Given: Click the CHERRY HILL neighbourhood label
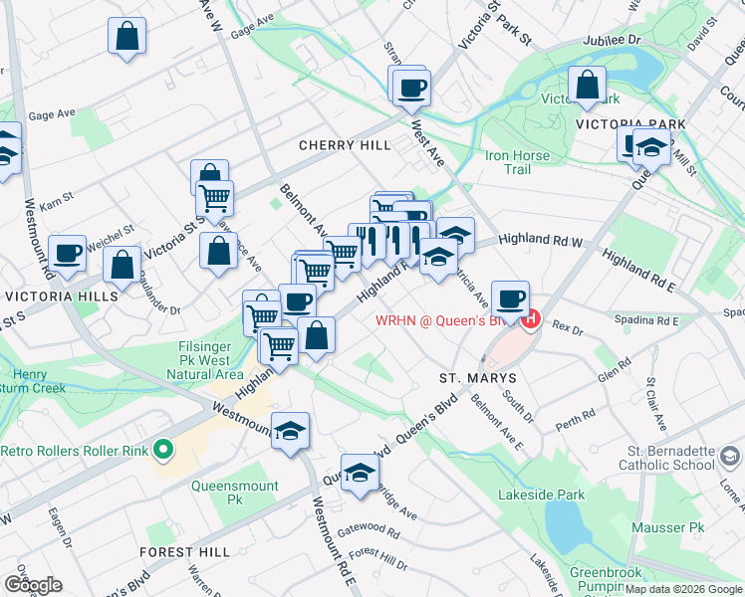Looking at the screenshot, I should tap(346, 145).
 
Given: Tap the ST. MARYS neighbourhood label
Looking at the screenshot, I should tap(478, 379).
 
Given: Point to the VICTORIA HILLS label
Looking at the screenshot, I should tap(61, 297).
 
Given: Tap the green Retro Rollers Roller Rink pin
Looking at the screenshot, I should tap(162, 451).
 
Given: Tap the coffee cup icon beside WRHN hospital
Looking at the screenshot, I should tap(511, 298).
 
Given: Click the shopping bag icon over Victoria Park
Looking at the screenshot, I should tap(588, 85).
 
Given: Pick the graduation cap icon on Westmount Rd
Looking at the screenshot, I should tap(290, 431).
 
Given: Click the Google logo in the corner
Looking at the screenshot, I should tap(32, 584).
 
